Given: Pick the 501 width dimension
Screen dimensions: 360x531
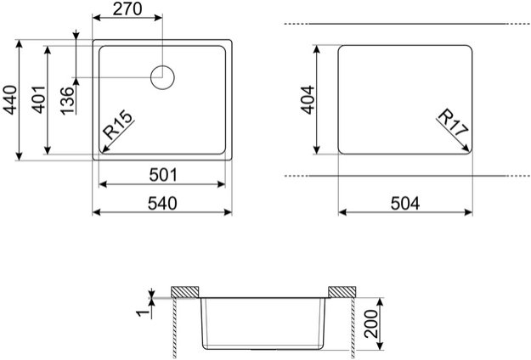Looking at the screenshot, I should (161, 175).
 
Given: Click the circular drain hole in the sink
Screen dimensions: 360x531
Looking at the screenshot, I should (163, 77).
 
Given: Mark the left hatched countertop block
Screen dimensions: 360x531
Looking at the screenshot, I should (184, 291).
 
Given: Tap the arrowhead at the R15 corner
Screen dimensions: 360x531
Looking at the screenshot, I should (102, 150).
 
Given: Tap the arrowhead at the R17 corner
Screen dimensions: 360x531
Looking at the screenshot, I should (469, 149).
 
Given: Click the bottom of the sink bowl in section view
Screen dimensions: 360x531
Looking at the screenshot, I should (263, 349).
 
